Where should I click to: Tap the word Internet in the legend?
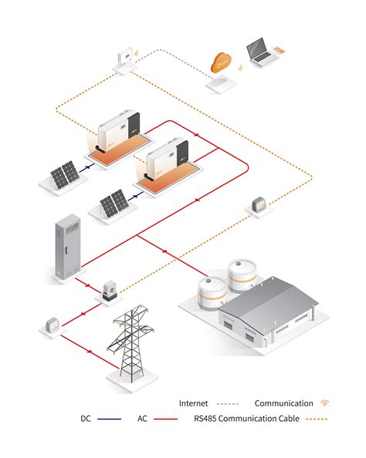coord(193,403)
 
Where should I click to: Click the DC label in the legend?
coord(86,419)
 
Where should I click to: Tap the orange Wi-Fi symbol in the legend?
coord(324,403)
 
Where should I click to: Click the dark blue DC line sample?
coord(110,419)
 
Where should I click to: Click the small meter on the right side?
coord(259,205)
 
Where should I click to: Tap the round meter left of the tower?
coord(52,325)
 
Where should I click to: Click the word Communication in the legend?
coord(283,403)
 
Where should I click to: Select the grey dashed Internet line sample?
coord(228,403)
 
